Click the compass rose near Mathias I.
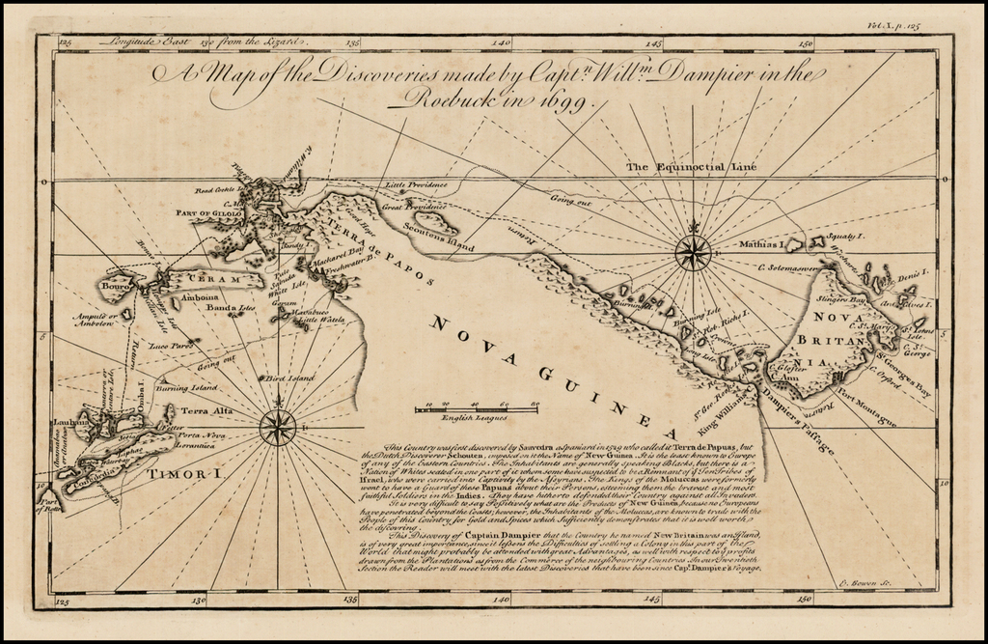pos(693,253)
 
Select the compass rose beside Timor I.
pos(278,426)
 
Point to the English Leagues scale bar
pos(476,409)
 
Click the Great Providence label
pos(413,206)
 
